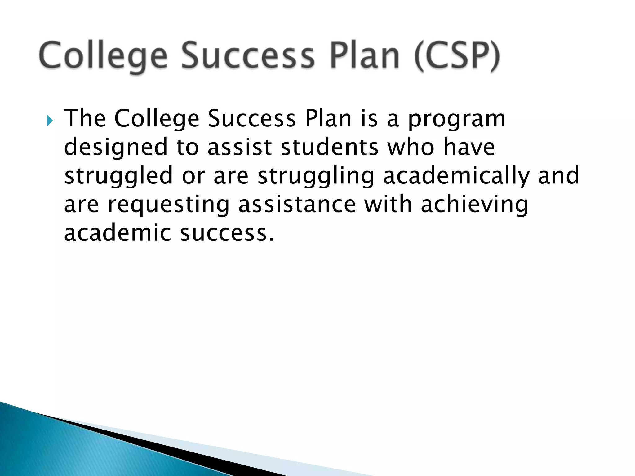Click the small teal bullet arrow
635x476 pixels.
coord(50,121)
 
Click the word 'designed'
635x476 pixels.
coord(116,148)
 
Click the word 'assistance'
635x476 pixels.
coord(297,205)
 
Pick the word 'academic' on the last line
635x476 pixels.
coord(118,233)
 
